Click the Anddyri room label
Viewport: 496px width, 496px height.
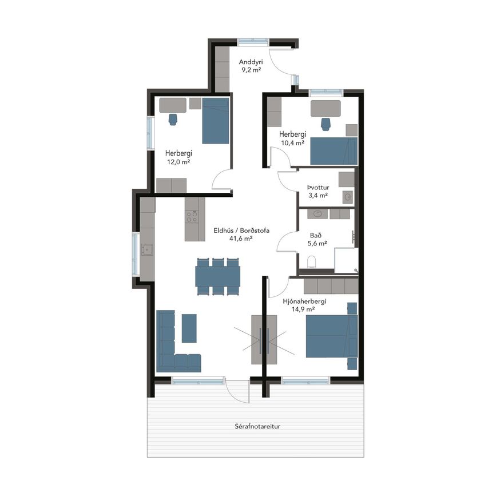(251, 62)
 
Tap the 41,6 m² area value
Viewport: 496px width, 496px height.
(241, 239)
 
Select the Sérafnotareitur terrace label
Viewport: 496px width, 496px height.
(257, 426)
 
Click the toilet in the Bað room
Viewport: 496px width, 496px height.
(312, 262)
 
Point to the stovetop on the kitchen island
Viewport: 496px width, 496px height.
(192, 217)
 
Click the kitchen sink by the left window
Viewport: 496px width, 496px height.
(148, 249)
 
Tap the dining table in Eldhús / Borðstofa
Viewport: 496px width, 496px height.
(217, 276)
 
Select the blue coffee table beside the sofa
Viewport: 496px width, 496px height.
(189, 328)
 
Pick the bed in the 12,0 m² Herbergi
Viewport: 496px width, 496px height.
(216, 121)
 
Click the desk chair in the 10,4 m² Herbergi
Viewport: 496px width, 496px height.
(326, 124)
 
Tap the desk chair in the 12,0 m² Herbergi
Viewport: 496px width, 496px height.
(173, 120)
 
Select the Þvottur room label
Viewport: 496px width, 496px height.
(318, 187)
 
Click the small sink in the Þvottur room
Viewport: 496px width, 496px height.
(348, 197)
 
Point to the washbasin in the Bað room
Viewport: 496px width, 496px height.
(318, 214)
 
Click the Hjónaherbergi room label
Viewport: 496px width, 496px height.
(304, 301)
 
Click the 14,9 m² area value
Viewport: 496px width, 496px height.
(303, 309)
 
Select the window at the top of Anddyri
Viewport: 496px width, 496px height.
(253, 42)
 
